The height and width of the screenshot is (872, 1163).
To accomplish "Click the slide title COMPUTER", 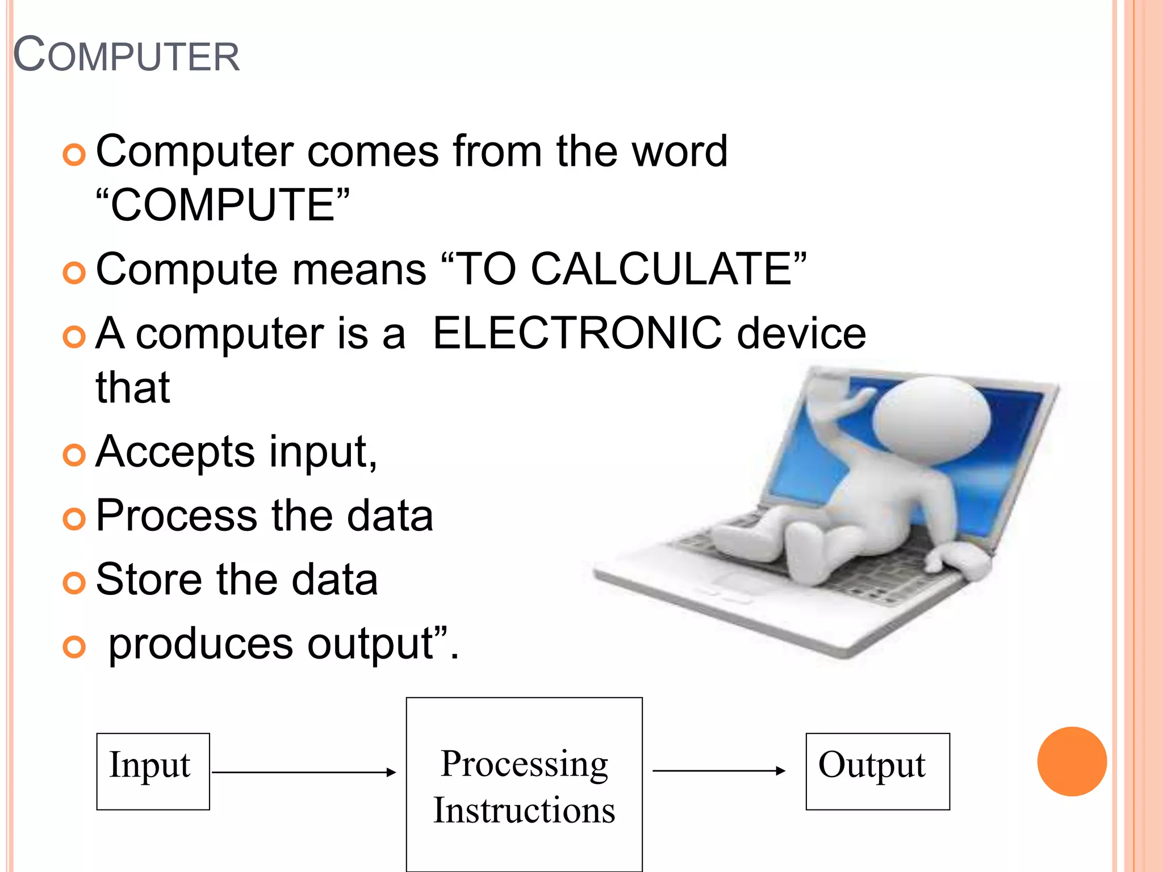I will pyautogui.click(x=127, y=55).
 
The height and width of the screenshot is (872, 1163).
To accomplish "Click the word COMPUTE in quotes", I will pyautogui.click(x=223, y=205).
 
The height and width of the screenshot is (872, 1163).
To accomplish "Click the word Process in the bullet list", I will pyautogui.click(x=177, y=515).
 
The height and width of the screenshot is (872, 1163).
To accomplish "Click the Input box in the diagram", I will pyautogui.click(x=153, y=771).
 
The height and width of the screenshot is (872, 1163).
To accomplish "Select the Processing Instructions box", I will pyautogui.click(x=524, y=784).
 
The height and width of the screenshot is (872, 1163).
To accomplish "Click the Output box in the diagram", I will pyautogui.click(x=877, y=771).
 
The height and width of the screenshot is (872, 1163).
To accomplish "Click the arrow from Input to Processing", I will pyautogui.click(x=304, y=772).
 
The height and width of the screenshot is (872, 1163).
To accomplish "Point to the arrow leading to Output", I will pyautogui.click(x=719, y=771).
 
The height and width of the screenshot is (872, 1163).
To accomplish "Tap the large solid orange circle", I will pyautogui.click(x=1072, y=761).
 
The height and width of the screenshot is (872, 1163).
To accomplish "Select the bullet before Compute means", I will pyautogui.click(x=74, y=273).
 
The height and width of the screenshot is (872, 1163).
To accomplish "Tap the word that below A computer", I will pyautogui.click(x=133, y=388).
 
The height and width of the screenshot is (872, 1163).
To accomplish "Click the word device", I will pyautogui.click(x=801, y=333).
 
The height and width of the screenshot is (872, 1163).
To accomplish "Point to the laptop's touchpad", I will pyautogui.click(x=738, y=582).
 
